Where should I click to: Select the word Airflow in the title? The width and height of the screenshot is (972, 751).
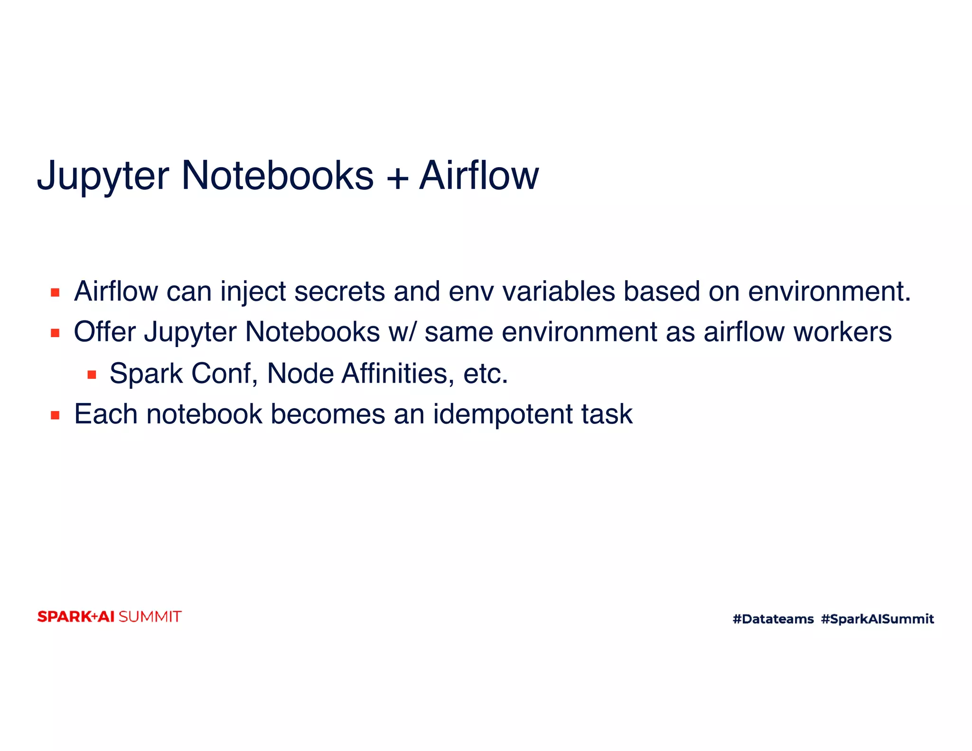point(479,176)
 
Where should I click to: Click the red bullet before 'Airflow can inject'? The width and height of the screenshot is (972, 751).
point(55,292)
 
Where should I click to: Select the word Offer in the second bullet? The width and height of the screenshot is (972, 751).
point(105,332)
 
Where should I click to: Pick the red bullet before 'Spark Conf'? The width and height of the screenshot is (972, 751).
point(92,375)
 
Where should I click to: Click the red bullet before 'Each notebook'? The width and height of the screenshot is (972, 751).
point(55,416)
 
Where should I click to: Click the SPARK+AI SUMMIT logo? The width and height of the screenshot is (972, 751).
point(109,617)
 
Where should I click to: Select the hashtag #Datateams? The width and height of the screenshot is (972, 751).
point(773,619)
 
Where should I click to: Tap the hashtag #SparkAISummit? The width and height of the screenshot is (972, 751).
point(877,619)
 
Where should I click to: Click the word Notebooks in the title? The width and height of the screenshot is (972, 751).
point(278,176)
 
